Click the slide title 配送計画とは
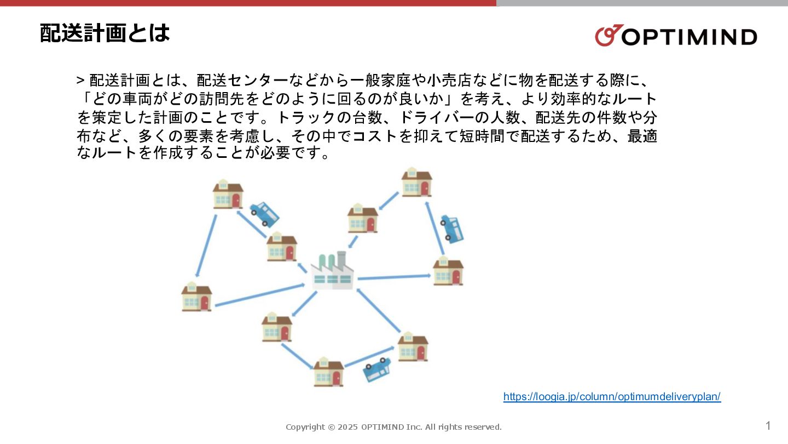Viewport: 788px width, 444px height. (x=105, y=33)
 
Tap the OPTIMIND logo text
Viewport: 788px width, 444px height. (x=690, y=37)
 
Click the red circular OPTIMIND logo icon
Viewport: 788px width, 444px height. (x=607, y=36)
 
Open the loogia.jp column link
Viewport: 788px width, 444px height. (x=612, y=397)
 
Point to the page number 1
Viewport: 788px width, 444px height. (x=768, y=426)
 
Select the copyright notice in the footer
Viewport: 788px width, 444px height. (x=393, y=427)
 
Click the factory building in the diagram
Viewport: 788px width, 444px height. (x=332, y=271)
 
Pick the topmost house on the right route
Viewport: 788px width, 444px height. (x=417, y=183)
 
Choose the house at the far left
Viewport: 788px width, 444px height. (x=197, y=297)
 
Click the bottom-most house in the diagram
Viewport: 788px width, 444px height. (x=329, y=372)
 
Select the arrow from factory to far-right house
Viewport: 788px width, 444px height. (x=394, y=277)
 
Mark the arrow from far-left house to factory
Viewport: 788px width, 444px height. (x=259, y=295)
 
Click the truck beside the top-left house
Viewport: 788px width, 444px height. (x=264, y=214)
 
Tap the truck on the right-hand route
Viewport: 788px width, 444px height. (x=452, y=228)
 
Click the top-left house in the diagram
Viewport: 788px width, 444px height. (x=228, y=194)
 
